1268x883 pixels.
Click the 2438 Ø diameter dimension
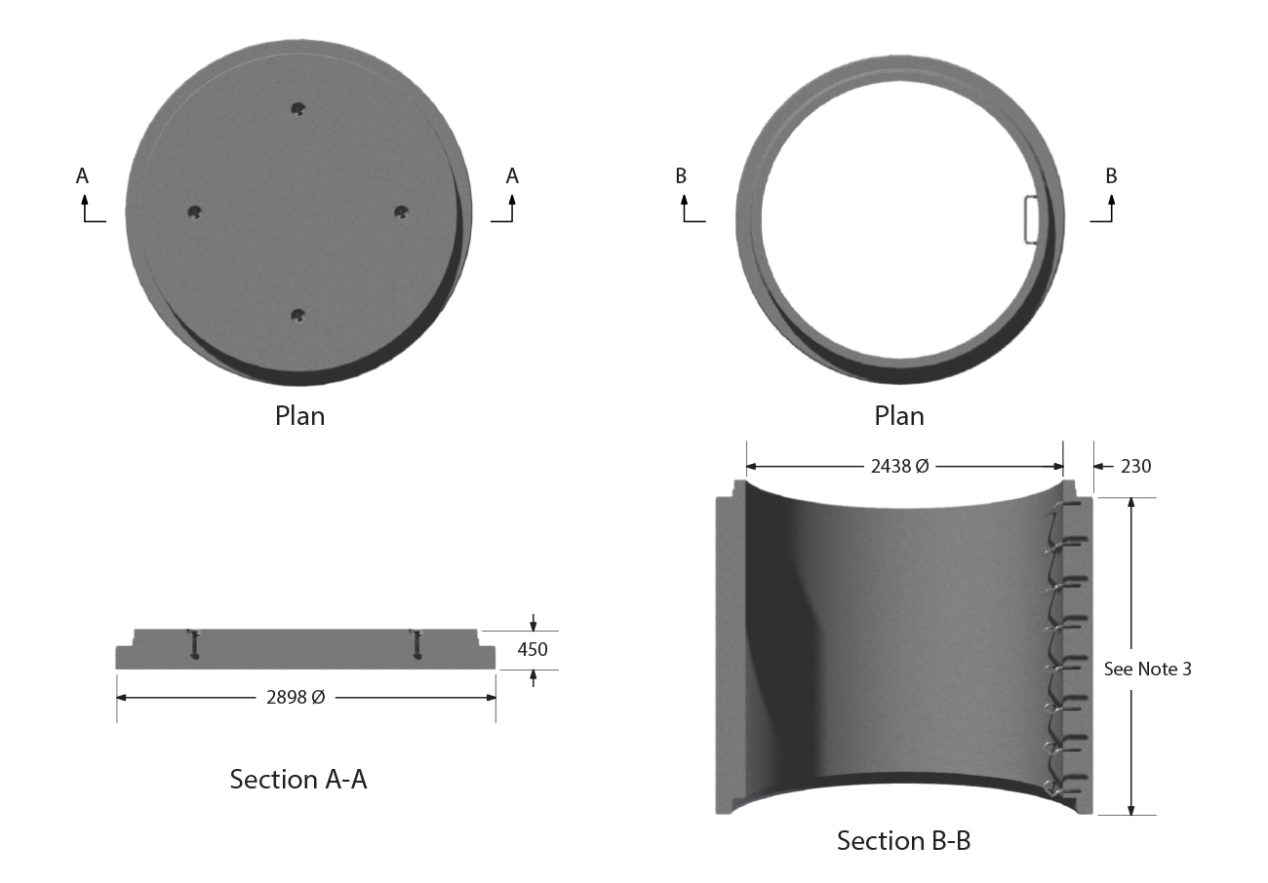click(x=899, y=466)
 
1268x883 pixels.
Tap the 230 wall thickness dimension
click(x=1135, y=466)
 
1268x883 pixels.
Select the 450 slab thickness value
click(x=533, y=649)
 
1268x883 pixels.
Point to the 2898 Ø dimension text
click(x=296, y=698)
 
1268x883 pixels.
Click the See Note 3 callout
click(x=1147, y=670)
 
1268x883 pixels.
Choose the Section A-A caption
click(x=298, y=780)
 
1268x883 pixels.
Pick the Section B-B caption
click(x=903, y=840)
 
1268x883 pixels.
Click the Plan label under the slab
click(x=299, y=416)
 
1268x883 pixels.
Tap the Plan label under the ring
click(x=899, y=416)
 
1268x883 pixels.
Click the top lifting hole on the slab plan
click(x=297, y=108)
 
